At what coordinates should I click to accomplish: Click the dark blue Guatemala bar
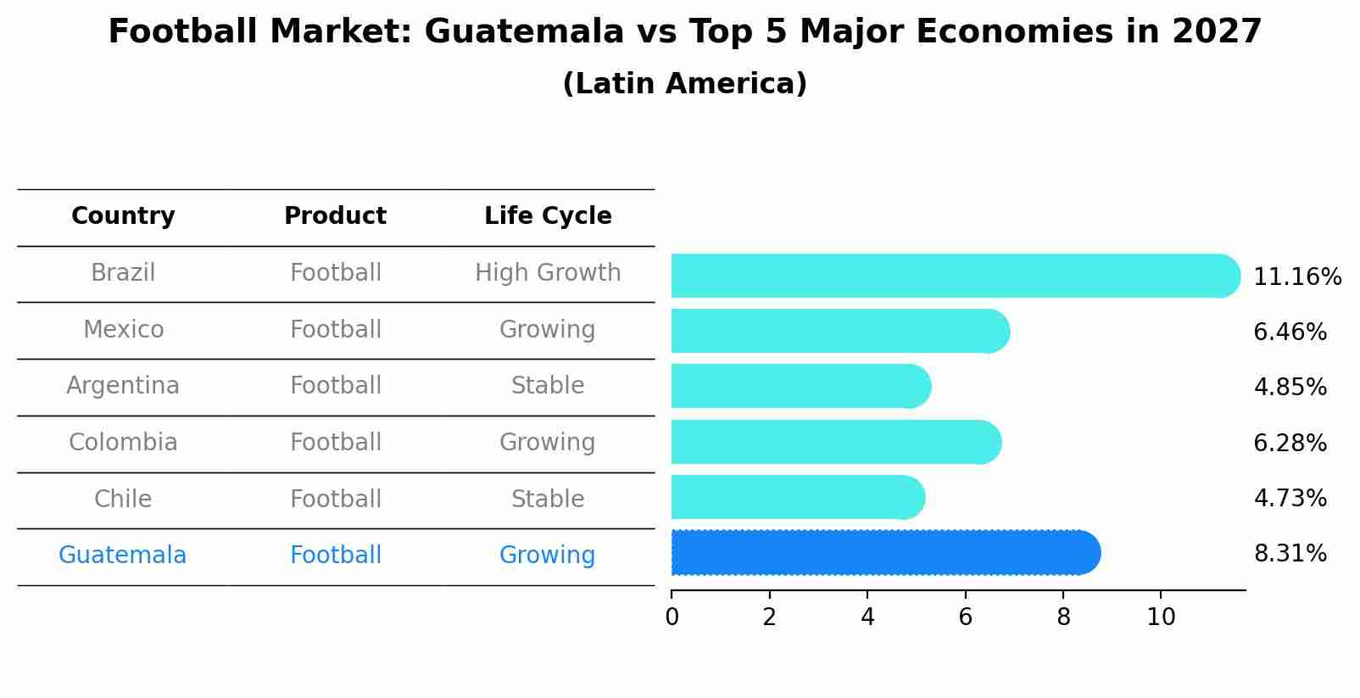pos(882,553)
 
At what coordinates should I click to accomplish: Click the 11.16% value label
pos(1296,277)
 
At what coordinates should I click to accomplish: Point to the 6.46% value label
pos(1290,332)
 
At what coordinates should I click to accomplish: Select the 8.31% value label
pos(1290,554)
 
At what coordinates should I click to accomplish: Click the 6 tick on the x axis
pos(965,617)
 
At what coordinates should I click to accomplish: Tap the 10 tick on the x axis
pos(1161,617)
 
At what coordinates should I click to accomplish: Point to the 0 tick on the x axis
pos(672,617)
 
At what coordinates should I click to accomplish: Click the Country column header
pos(123,216)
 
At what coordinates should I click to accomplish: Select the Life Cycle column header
pos(548,216)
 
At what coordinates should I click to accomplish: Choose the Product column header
pos(335,216)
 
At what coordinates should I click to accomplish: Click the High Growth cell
pos(548,273)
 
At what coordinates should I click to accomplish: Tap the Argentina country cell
pos(123,386)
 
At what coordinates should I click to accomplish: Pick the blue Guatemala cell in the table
pos(123,556)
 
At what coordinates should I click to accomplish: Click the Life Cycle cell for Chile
pos(548,499)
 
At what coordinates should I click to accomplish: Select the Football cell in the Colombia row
pos(335,443)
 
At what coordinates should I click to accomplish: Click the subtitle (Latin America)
pos(684,84)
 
